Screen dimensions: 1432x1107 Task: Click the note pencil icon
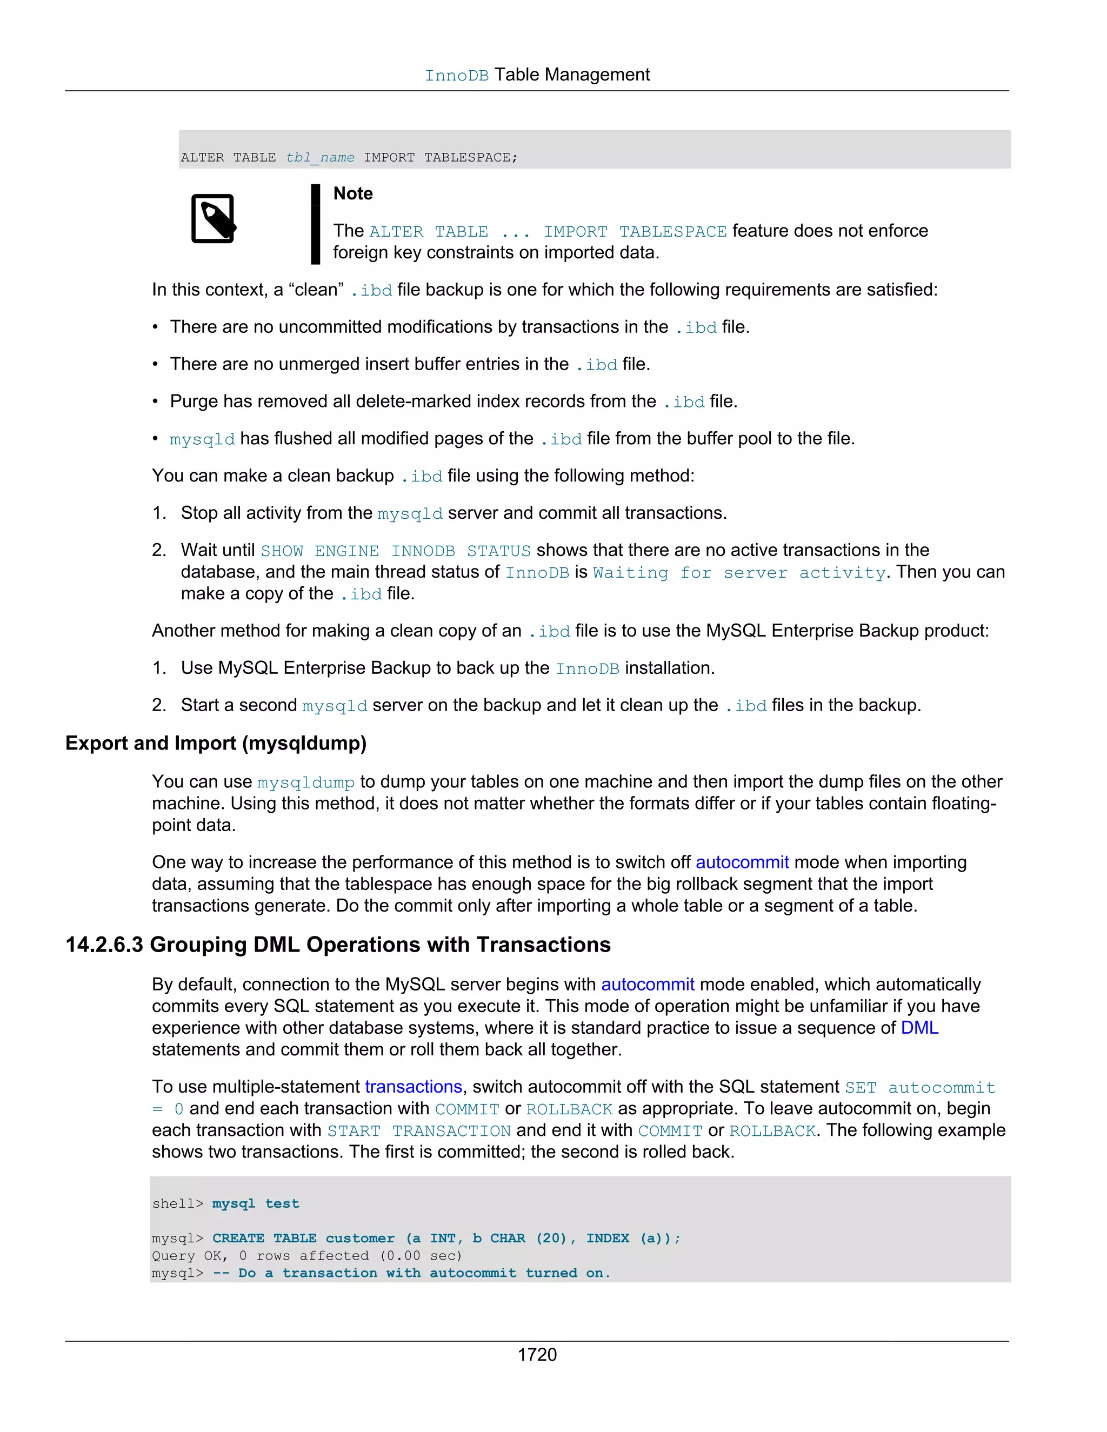[213, 218]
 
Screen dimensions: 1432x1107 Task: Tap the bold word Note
[353, 193]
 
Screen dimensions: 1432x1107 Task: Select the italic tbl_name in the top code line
[319, 157]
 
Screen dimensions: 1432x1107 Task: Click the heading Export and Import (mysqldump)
[216, 743]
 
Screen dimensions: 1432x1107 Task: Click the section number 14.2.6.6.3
[104, 944]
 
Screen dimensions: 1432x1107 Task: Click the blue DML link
[919, 1027]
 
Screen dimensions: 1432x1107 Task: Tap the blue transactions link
[413, 1087]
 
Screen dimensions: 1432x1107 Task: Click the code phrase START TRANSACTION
[418, 1130]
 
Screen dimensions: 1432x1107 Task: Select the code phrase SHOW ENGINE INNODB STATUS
[396, 550]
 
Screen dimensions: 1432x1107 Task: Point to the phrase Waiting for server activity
[739, 572]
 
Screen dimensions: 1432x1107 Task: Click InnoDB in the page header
[456, 76]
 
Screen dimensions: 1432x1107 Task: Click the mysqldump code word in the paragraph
[305, 782]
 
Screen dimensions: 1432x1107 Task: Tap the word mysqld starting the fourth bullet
[202, 439]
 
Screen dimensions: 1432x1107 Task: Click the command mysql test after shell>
[255, 1203]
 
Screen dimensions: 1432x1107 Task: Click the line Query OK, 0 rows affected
[306, 1255]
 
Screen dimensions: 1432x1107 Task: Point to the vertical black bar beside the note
[316, 224]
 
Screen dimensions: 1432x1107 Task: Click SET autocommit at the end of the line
[919, 1087]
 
